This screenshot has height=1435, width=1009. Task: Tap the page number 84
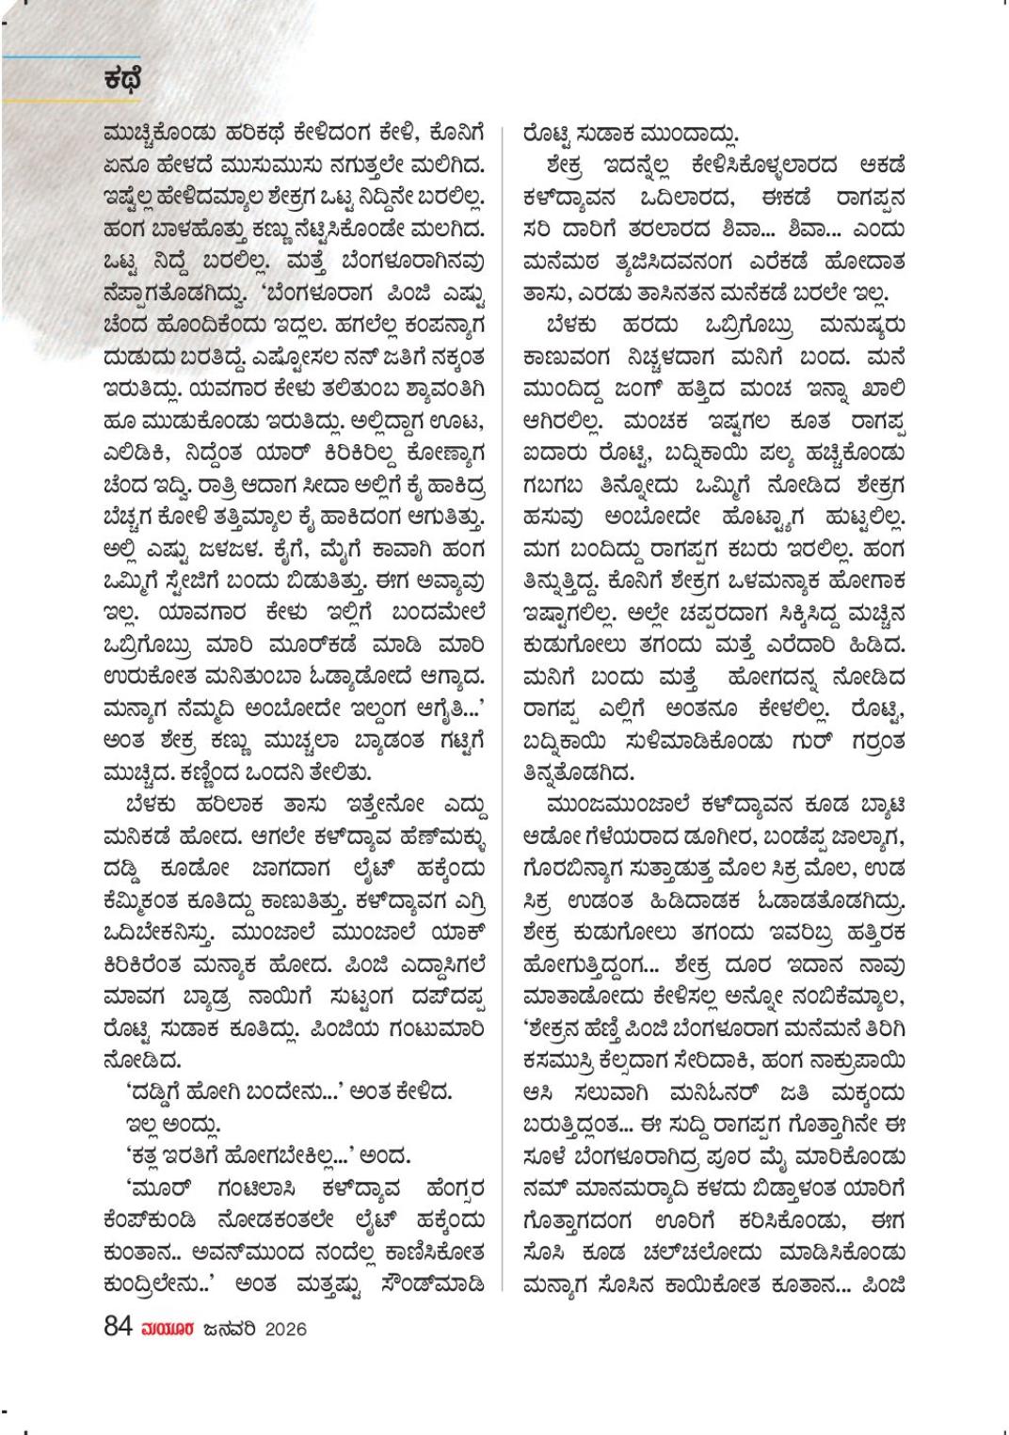click(x=118, y=1328)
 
